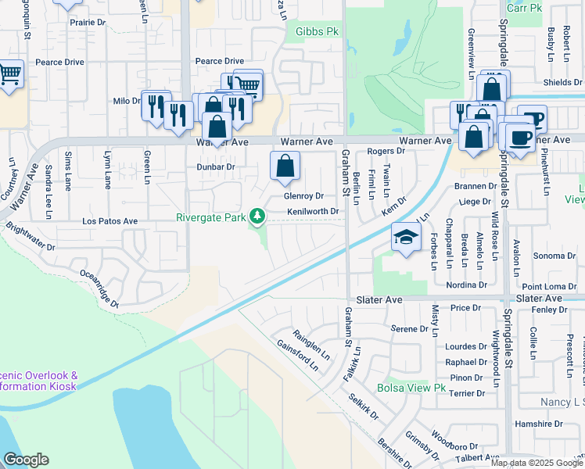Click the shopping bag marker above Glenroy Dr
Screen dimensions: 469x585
pos(285,165)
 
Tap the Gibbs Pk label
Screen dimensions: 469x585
pos(317,32)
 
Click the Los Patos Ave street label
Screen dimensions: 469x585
pos(109,222)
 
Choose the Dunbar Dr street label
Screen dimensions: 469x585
pos(215,166)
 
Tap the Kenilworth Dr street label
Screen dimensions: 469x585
pos(312,211)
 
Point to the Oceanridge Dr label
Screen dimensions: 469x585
pos(99,288)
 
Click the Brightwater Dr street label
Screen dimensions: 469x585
pos(30,235)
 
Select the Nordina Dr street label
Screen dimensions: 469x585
pos(467,285)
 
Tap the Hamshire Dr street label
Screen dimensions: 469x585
pos(551,423)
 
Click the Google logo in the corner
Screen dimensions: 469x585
pos(25,460)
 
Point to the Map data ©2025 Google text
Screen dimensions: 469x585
pos(536,463)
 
